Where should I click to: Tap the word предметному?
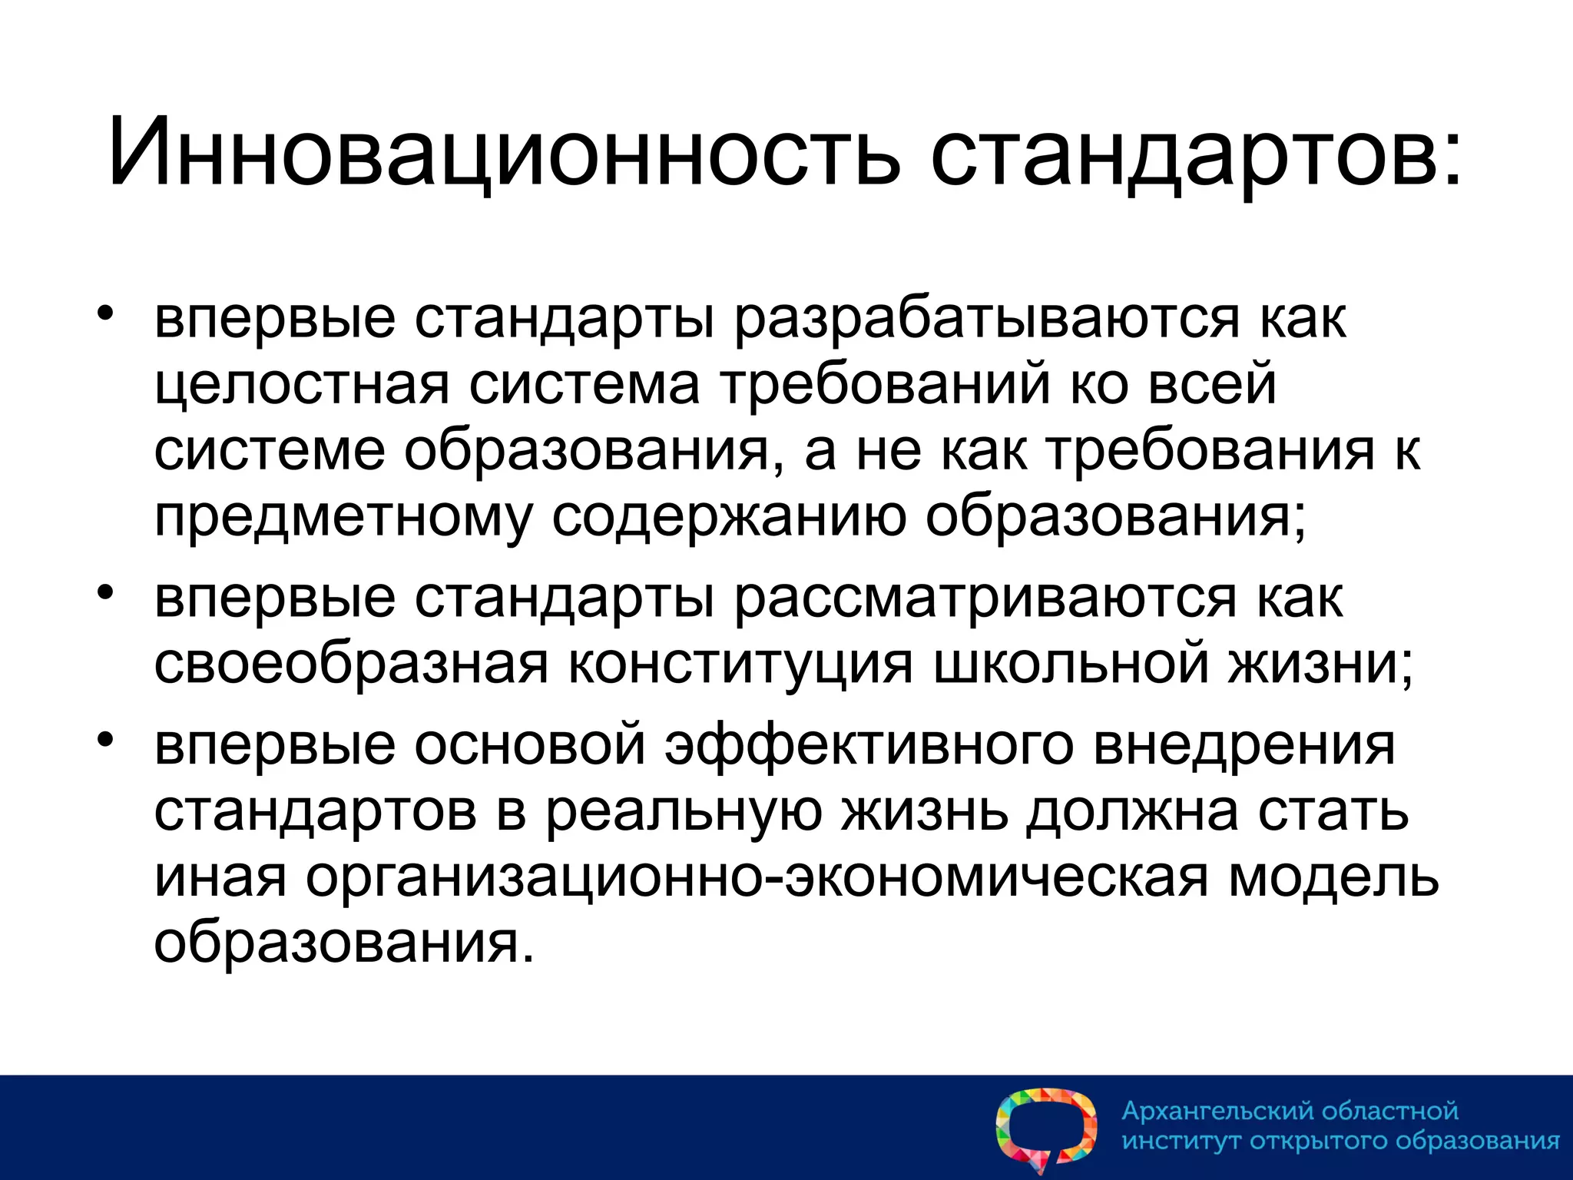pyautogui.click(x=343, y=518)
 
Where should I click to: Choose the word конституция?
pyautogui.click(x=740, y=664)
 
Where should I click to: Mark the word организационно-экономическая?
pyautogui.click(x=757, y=877)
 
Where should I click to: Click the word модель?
pyautogui.click(x=1333, y=877)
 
